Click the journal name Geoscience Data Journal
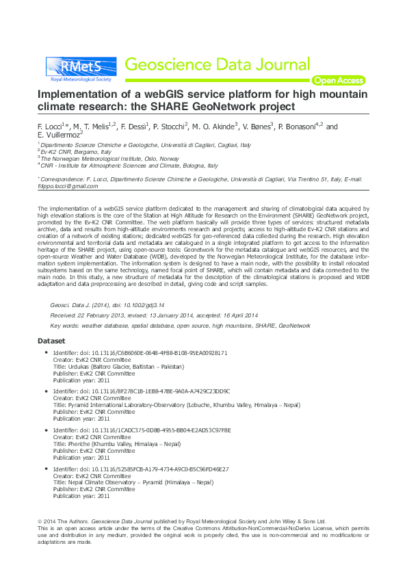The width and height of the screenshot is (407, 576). [x=218, y=65]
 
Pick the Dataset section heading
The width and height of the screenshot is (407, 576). [x=51, y=341]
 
